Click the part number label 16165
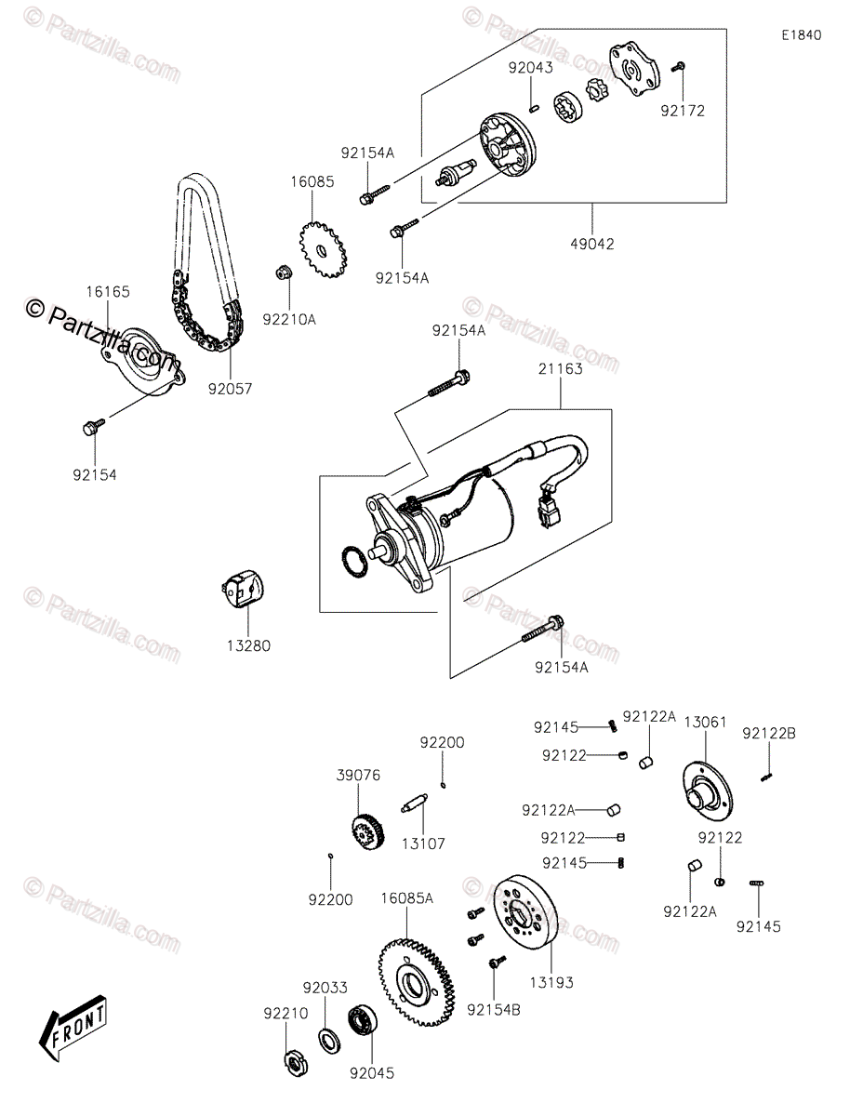108,292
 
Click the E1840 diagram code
801,35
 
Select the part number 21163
560,368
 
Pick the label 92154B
495,1008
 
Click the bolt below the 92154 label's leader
91,428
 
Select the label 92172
683,111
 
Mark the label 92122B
768,734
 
